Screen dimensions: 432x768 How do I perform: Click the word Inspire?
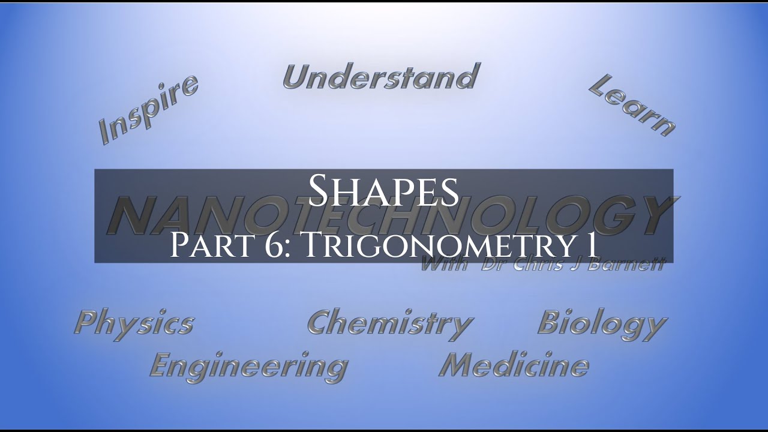(x=148, y=109)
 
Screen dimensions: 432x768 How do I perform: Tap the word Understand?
(x=380, y=77)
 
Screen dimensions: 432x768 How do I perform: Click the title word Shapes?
(x=383, y=190)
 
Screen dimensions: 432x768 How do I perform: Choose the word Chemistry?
(x=390, y=324)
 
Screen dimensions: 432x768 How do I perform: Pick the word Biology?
(x=602, y=324)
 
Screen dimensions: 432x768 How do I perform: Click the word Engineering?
(x=248, y=365)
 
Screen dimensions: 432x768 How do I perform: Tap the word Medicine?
(x=514, y=364)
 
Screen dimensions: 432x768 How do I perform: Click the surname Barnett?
(x=633, y=265)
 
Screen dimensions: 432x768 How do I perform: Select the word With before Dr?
(x=444, y=265)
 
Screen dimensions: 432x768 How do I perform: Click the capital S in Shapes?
(x=319, y=190)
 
